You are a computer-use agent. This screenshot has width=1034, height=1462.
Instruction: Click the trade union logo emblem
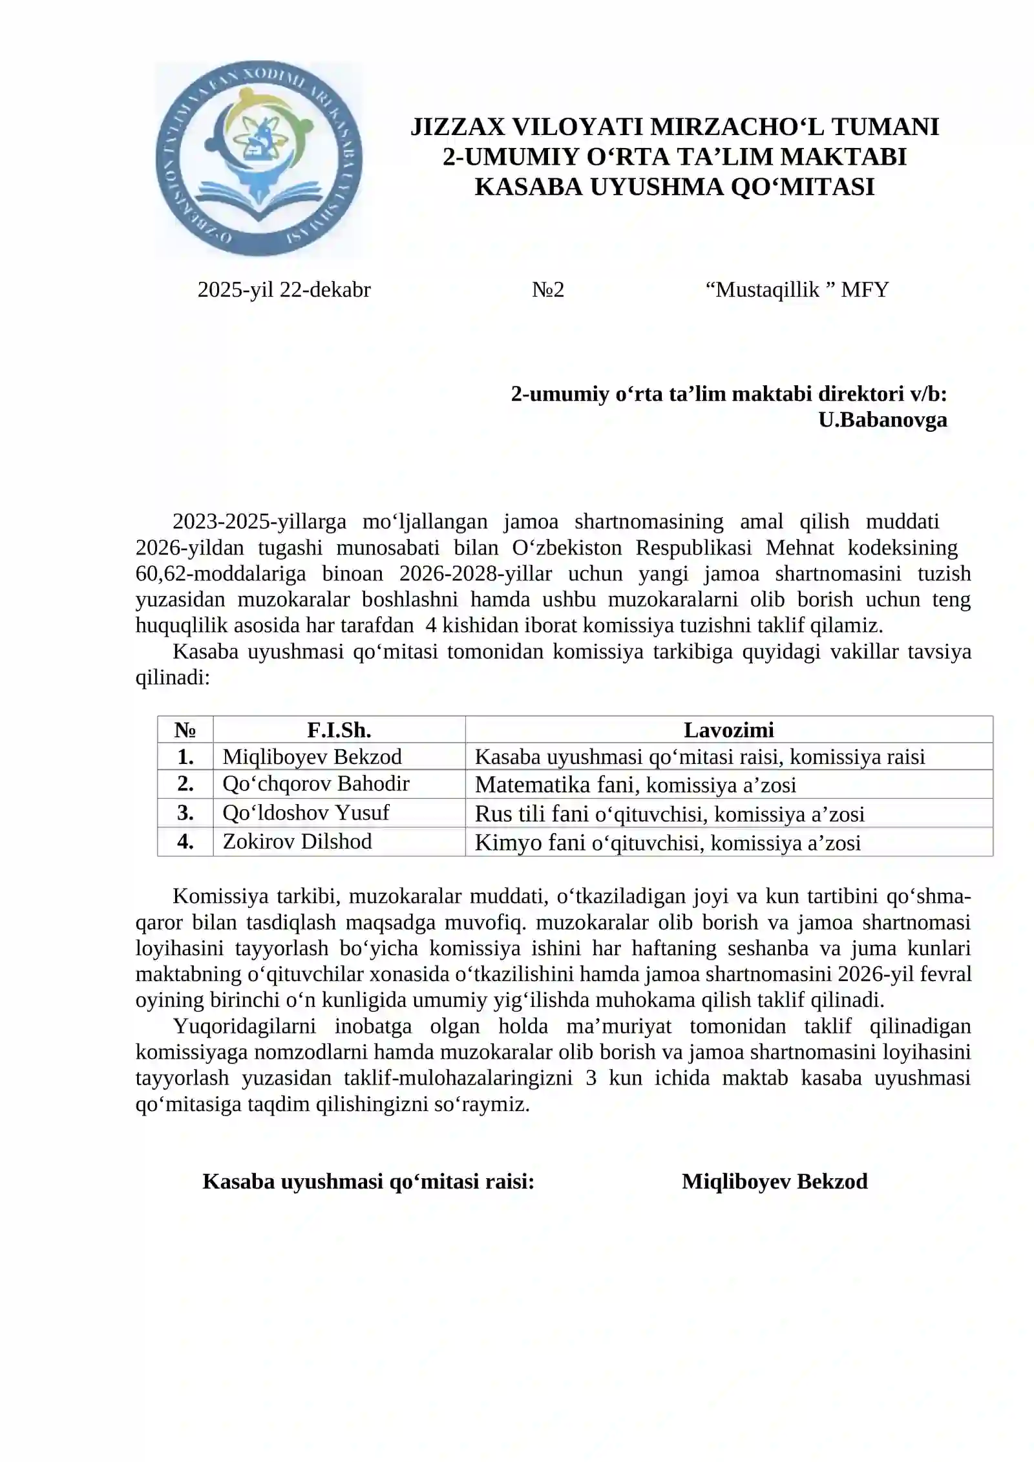click(258, 160)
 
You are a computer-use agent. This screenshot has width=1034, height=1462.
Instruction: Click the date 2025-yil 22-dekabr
click(284, 290)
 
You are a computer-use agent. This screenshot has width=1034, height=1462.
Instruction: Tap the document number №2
click(548, 290)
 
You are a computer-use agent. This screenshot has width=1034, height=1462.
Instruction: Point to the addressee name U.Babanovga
click(882, 420)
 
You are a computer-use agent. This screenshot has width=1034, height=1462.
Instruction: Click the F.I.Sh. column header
click(339, 730)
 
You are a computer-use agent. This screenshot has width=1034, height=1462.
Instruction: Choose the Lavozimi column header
click(728, 730)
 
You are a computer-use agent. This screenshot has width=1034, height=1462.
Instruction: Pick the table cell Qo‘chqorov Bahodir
click(316, 783)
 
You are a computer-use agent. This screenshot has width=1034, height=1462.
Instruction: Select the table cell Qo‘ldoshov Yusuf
click(306, 812)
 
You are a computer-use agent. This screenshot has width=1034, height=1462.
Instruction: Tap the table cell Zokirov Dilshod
click(297, 842)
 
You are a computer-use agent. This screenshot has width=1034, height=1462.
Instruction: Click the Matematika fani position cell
click(635, 785)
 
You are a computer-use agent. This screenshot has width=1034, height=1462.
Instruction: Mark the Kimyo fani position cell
click(668, 843)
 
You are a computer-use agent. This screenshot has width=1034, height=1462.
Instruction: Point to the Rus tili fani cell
click(670, 814)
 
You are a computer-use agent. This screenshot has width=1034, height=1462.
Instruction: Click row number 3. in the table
click(185, 812)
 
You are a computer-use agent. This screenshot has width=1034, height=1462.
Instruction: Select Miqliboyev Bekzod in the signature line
click(774, 1181)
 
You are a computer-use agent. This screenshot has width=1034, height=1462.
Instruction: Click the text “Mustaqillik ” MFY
click(797, 290)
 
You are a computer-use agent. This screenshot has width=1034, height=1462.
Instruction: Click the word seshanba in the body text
click(768, 948)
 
